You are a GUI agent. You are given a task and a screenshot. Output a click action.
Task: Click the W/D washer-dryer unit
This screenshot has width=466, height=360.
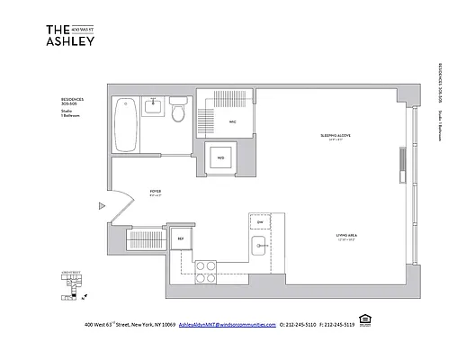point(219,159)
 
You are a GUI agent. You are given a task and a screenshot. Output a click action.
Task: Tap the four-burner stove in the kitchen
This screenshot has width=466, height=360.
point(206,267)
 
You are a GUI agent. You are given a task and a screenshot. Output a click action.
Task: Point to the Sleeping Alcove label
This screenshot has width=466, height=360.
point(334,136)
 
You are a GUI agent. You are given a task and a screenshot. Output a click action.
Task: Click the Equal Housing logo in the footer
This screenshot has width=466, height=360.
point(364,321)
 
